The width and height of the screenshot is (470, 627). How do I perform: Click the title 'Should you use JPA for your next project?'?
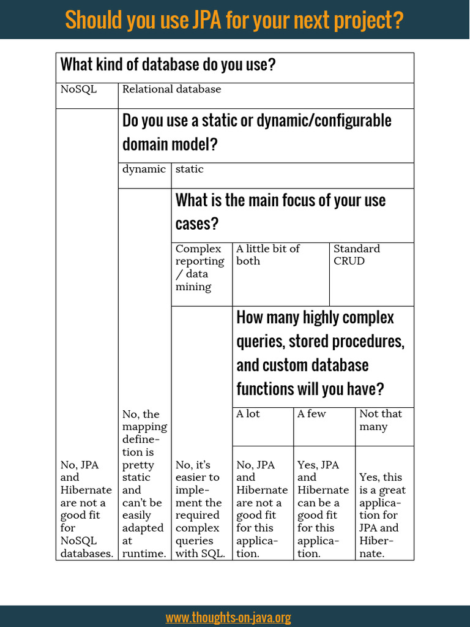pyautogui.click(x=234, y=20)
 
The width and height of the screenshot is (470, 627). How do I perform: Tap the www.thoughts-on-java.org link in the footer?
pyautogui.click(x=228, y=617)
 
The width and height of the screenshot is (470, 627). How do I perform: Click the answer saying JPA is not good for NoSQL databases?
pyautogui.click(x=86, y=509)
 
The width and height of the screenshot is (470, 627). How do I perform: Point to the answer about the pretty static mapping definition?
pyautogui.click(x=144, y=484)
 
